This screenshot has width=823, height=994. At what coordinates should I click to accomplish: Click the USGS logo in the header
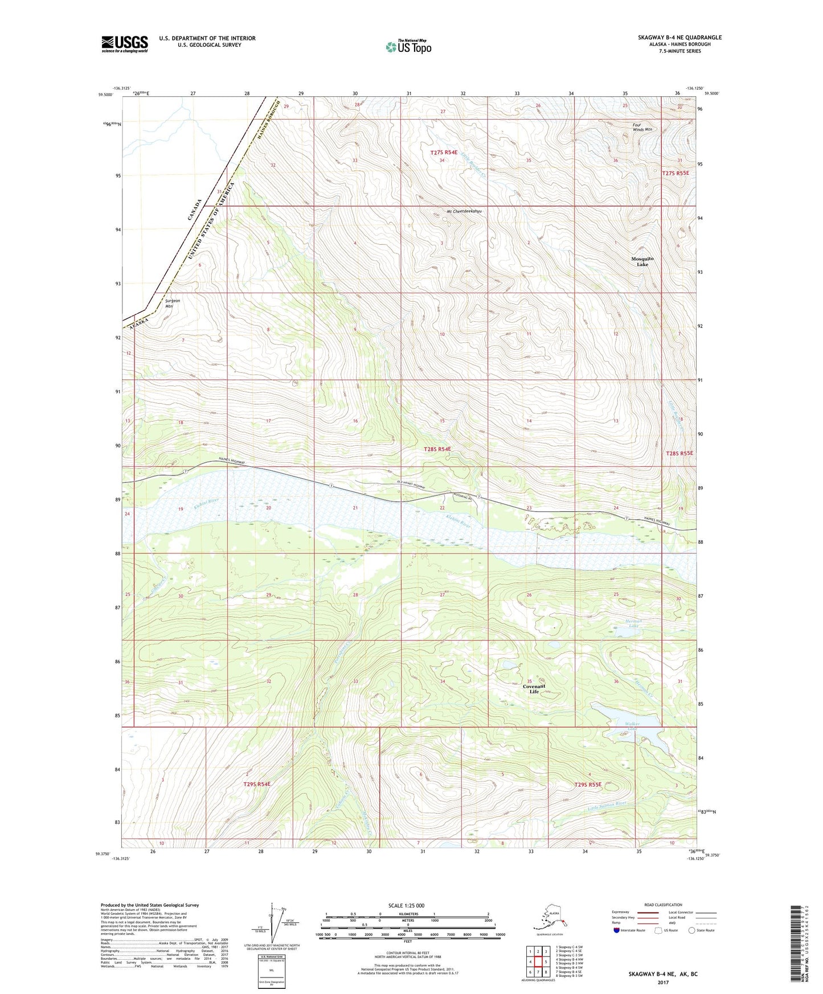(124, 44)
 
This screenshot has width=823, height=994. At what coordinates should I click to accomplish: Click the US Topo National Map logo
(408, 46)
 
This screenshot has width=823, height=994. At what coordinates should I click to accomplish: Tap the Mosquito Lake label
(642, 261)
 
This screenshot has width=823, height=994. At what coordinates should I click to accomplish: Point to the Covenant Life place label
(534, 689)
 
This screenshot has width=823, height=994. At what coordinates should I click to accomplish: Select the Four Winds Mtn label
(642, 127)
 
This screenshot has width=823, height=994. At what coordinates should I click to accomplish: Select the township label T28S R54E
(437, 449)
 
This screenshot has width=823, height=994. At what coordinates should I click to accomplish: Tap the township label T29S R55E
(587, 784)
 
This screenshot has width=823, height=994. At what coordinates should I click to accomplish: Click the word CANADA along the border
(195, 210)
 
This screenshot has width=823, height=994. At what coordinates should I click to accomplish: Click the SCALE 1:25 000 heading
(407, 905)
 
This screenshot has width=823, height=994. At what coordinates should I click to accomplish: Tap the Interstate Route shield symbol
(616, 930)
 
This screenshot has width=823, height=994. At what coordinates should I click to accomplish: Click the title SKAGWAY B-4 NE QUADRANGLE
(679, 38)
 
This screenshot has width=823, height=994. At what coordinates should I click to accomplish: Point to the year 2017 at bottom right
(662, 982)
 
